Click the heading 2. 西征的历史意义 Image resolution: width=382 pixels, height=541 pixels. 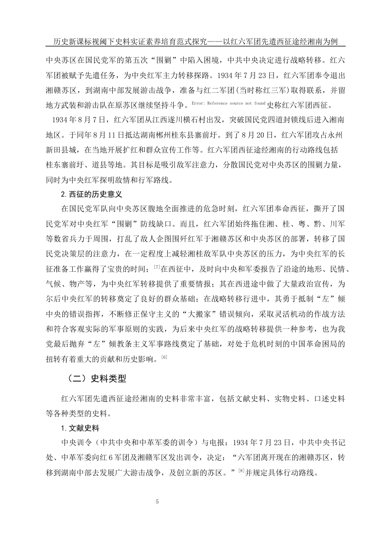click(91, 194)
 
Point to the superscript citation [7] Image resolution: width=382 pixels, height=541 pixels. click(157, 266)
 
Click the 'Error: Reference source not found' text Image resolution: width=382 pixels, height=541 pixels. click(228, 103)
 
